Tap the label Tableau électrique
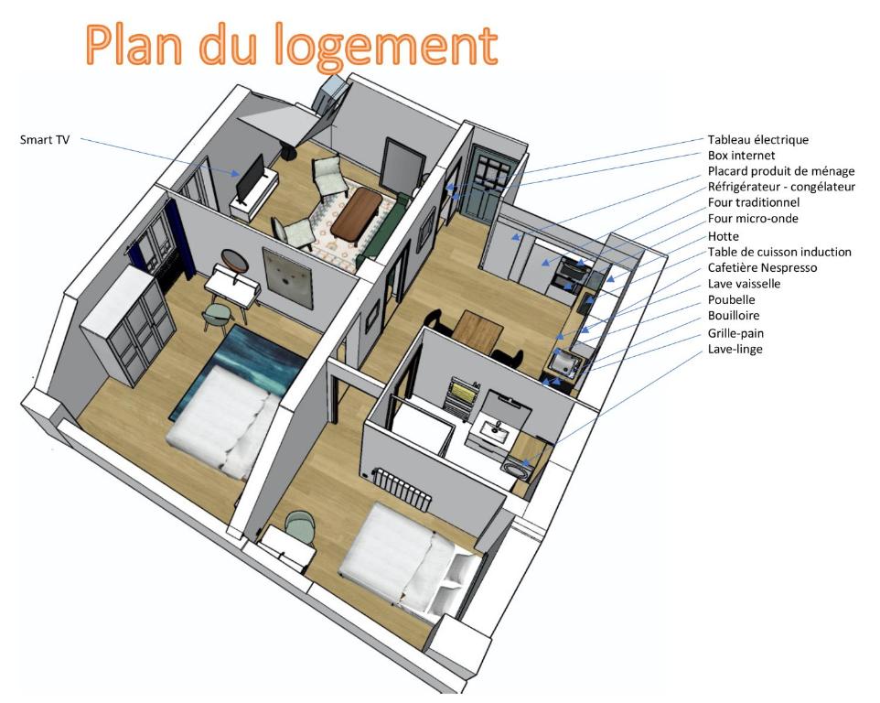click(758, 140)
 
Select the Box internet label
click(741, 156)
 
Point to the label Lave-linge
click(735, 349)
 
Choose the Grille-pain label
click(736, 332)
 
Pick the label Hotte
click(724, 235)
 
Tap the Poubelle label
click(732, 299)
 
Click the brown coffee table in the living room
click(356, 211)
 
